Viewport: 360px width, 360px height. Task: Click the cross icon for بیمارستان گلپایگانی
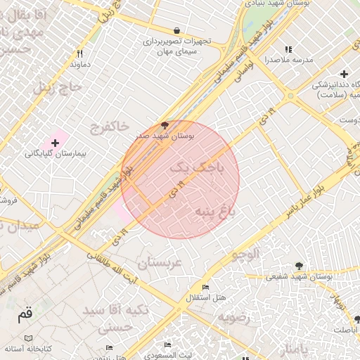(55, 142)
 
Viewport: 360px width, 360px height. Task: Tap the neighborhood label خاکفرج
(109, 127)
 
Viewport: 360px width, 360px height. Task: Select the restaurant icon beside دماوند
(80, 53)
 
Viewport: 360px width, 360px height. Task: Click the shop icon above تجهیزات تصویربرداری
(176, 31)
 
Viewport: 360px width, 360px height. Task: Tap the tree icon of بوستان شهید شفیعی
(300, 266)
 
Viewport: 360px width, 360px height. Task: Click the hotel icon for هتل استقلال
(205, 288)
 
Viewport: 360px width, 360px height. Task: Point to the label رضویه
(233, 317)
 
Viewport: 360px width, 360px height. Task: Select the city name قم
(25, 315)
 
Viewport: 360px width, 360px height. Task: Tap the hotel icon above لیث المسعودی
(167, 345)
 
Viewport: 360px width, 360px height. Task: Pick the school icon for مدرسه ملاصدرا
(288, 49)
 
